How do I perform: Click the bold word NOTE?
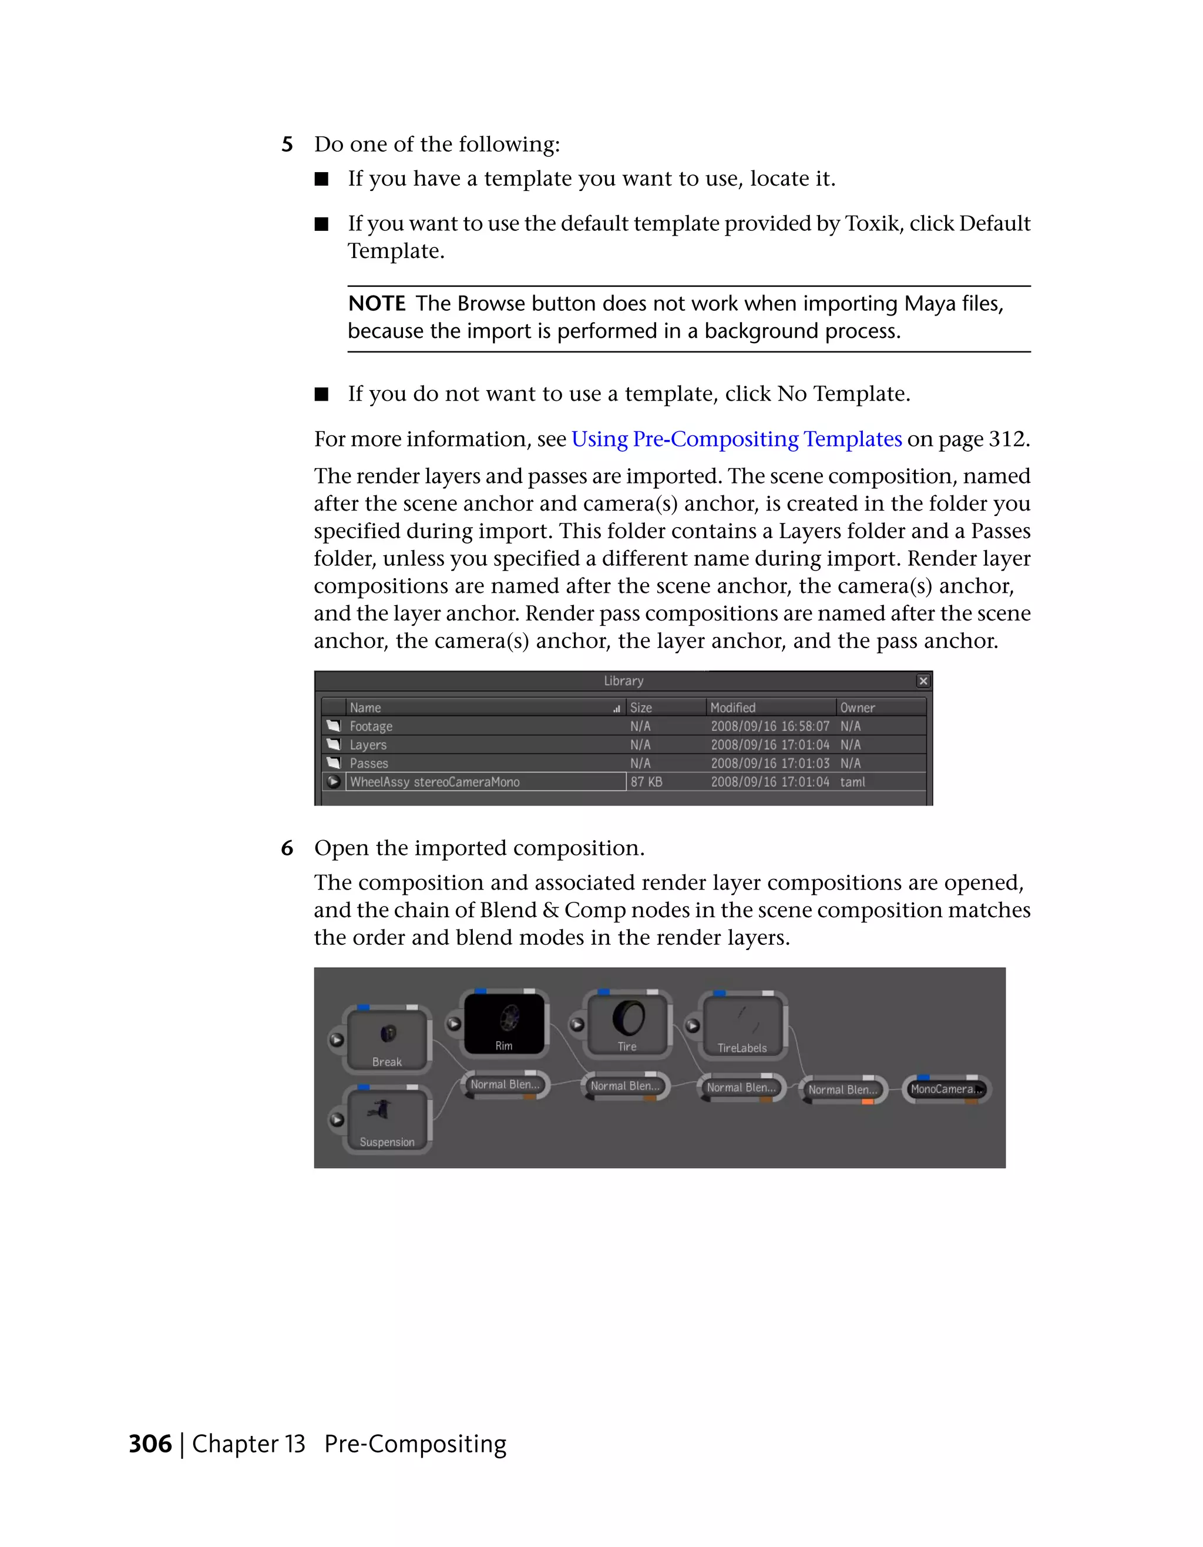coord(376,304)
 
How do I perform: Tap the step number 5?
coord(287,145)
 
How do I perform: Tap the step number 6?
coord(287,848)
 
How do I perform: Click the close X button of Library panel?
coord(923,681)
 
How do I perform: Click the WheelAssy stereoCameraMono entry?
coord(434,782)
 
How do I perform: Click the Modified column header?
coord(733,707)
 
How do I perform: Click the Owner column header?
coord(857,707)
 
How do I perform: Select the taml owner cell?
coord(852,782)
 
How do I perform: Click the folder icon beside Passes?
coord(334,763)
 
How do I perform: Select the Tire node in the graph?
coord(627,1023)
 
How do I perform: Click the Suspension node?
coord(387,1119)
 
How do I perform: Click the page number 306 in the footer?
coord(150,1444)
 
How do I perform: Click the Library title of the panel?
coord(623,681)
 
